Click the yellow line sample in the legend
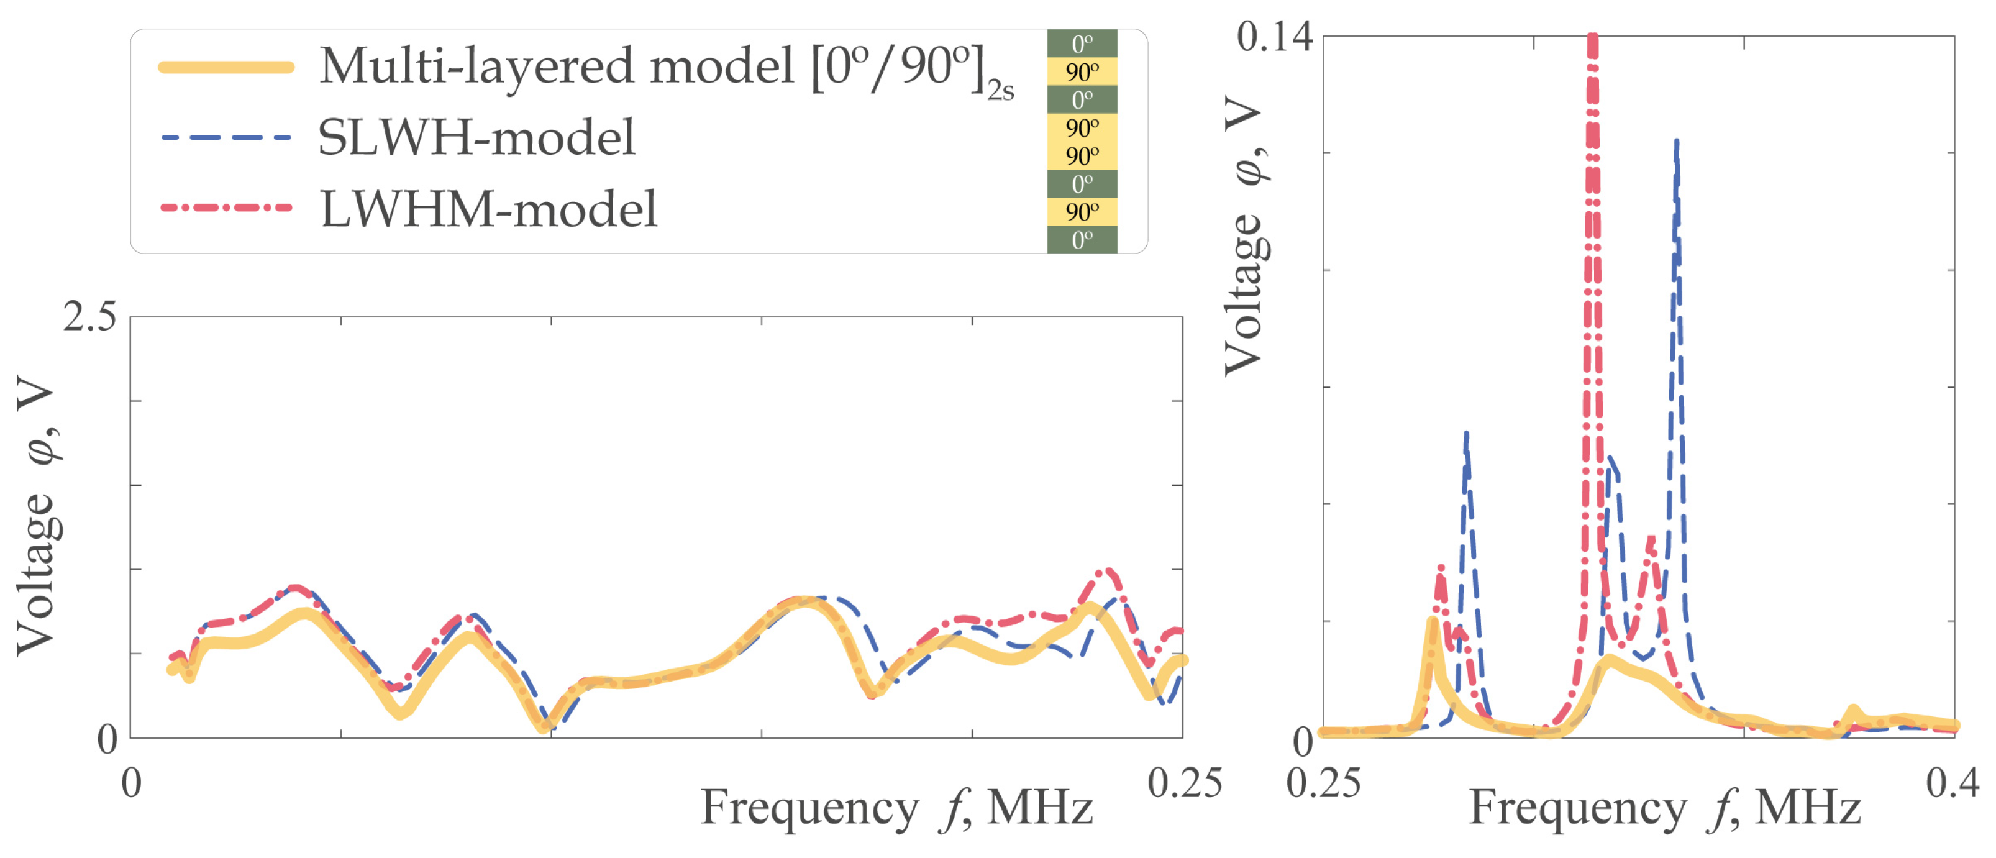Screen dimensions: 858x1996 [x=226, y=68]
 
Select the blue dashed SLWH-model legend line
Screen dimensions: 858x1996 [x=226, y=138]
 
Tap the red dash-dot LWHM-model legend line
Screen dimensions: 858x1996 [x=226, y=208]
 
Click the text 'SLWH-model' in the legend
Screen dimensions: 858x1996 [x=476, y=138]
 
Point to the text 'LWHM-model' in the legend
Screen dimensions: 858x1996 [x=489, y=209]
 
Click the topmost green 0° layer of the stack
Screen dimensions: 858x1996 [x=1082, y=43]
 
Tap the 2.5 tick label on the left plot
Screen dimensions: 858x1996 [x=89, y=317]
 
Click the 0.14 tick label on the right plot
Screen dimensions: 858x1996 [x=1275, y=37]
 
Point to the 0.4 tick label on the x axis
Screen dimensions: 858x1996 [x=1952, y=783]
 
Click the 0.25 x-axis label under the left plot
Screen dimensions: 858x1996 [x=1184, y=783]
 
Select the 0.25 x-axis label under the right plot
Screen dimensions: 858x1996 [x=1323, y=783]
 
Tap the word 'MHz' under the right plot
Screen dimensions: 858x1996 [x=1808, y=808]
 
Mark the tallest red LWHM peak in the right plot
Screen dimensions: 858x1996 [x=1592, y=47]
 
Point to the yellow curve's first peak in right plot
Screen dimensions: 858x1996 [x=1432, y=623]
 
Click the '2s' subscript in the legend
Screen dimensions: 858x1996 [x=1000, y=91]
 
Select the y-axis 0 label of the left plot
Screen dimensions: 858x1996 [x=107, y=739]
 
